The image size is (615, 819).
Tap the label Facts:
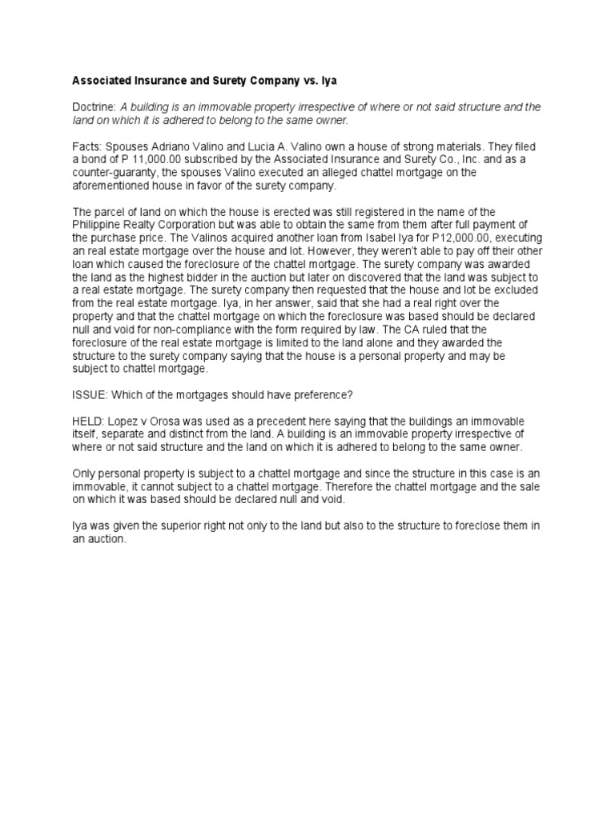point(87,146)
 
